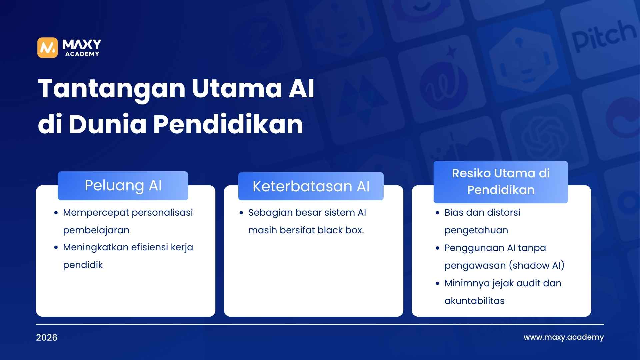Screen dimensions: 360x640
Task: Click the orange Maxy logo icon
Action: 47,48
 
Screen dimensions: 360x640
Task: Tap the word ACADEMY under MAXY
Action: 82,54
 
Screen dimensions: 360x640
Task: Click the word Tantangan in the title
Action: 111,89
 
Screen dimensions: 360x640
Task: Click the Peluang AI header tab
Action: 123,186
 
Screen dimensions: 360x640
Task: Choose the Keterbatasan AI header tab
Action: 311,186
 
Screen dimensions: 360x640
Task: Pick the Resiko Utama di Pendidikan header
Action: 500,182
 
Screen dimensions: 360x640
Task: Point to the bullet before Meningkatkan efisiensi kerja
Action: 56,248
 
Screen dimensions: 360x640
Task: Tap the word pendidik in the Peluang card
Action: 83,265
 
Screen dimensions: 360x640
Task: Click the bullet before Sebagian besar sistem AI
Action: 241,213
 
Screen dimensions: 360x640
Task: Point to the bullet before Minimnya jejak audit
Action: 438,284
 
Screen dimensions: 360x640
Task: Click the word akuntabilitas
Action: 474,301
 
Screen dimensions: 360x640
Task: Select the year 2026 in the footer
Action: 47,338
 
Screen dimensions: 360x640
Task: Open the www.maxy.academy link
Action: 563,337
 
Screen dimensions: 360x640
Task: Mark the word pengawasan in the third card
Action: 475,266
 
